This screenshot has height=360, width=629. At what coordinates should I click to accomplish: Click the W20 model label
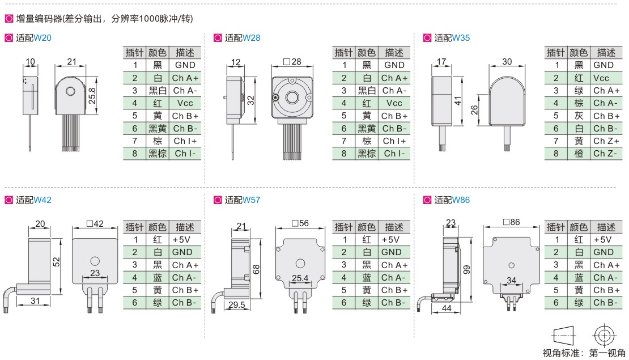pos(42,38)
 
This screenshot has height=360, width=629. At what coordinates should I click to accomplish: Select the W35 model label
pos(461,38)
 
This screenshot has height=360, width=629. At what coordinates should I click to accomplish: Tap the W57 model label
pos(251,200)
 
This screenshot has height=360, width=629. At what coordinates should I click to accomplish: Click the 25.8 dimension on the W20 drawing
pos(92,96)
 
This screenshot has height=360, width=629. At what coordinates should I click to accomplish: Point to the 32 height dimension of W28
pos(250,100)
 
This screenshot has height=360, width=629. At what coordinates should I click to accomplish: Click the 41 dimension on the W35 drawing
pos(458,101)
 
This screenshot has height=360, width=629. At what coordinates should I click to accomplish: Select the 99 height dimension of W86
pos(466,269)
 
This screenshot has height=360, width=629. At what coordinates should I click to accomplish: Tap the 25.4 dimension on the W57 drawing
pos(300,278)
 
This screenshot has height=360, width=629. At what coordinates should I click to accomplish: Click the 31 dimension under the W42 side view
pos(35,300)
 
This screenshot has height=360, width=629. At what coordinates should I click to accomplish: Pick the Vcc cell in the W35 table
pos(601,78)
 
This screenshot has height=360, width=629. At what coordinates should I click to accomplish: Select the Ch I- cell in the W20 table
pos(185,154)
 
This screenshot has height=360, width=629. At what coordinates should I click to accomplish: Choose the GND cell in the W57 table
pos(392,252)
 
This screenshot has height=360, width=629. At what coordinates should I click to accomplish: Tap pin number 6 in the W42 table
pos(135,303)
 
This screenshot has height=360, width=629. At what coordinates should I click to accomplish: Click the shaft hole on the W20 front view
pos(70,91)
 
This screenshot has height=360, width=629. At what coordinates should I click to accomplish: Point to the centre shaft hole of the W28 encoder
pos(292,97)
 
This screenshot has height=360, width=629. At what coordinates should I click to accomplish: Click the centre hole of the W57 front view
pos(300,263)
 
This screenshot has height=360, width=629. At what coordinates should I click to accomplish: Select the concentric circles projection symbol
pos(605,335)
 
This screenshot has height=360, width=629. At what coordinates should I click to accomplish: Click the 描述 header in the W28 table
pos(394,53)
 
